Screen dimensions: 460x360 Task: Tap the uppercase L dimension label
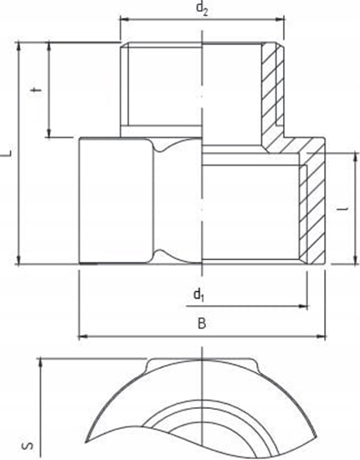pyautogui.click(x=7, y=153)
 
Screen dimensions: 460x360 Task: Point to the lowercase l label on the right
pyautogui.click(x=345, y=210)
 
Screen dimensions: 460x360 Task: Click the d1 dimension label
pyautogui.click(x=198, y=294)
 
